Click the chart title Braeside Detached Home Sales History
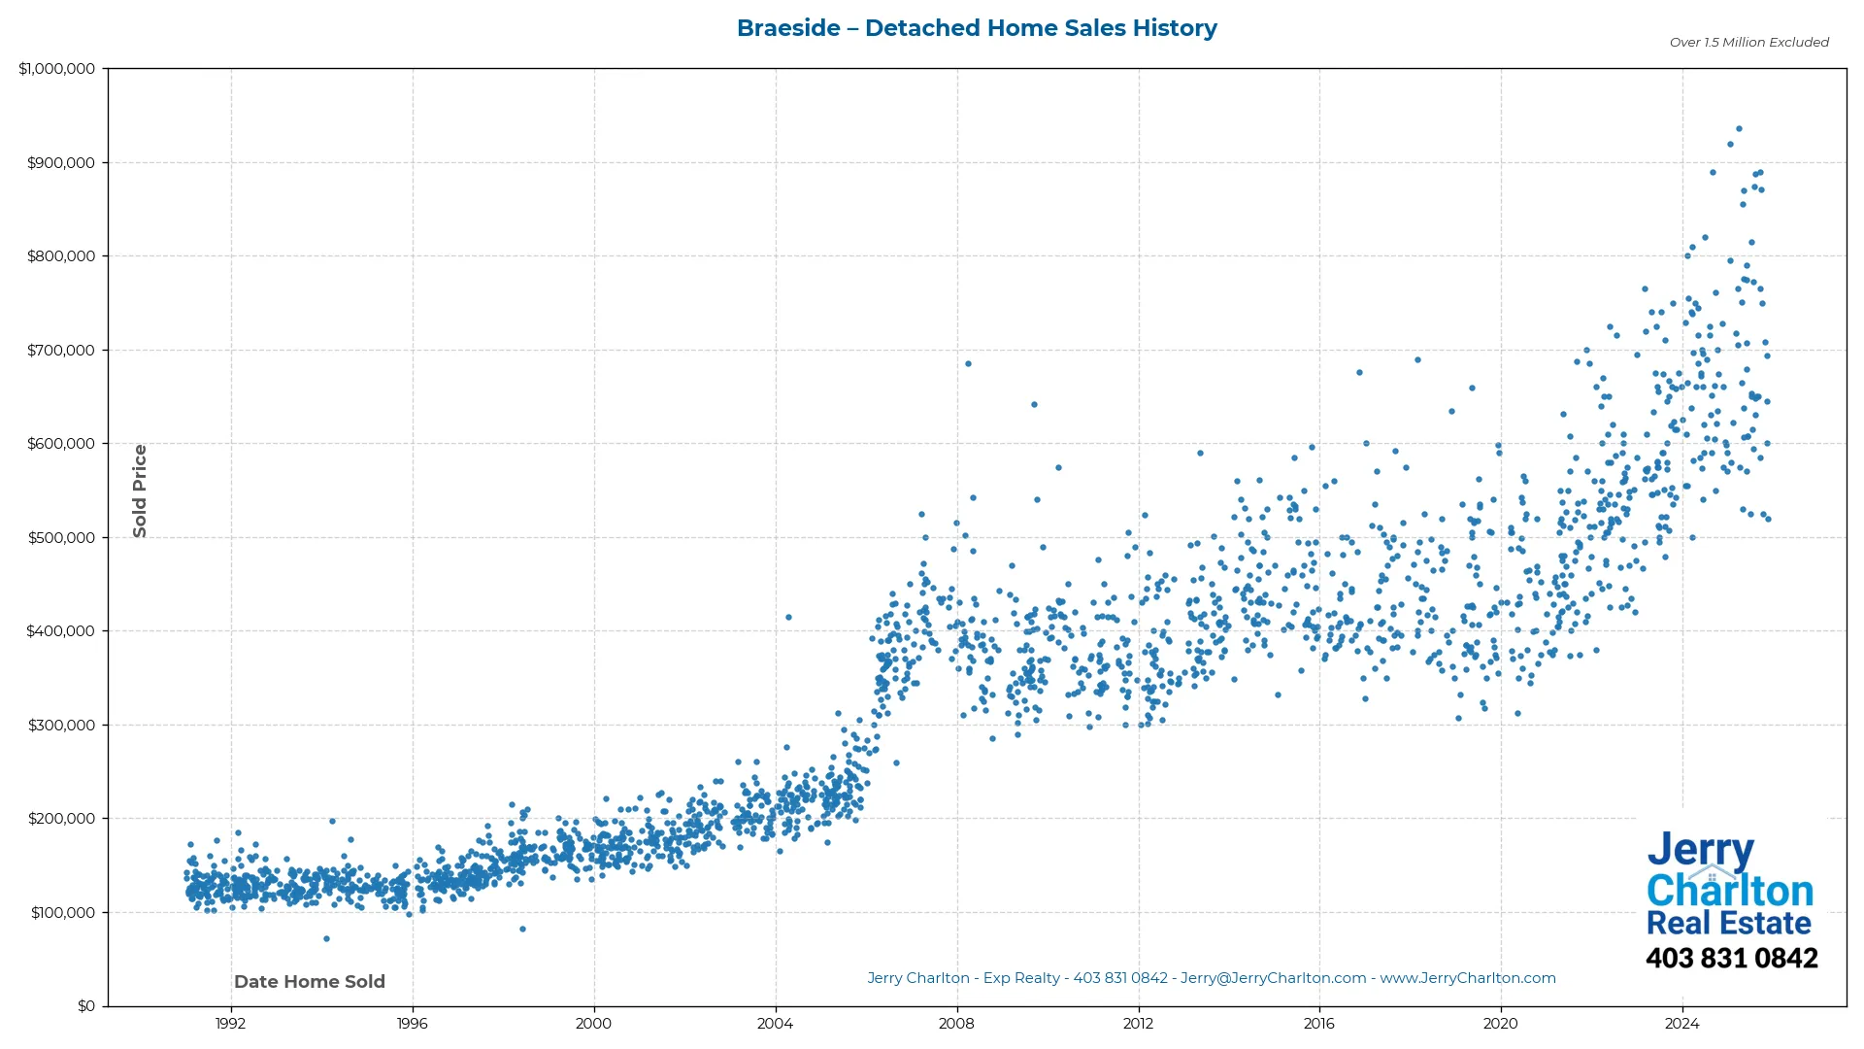(977, 28)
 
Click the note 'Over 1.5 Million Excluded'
(1748, 43)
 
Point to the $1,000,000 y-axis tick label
(56, 69)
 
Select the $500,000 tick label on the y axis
(60, 538)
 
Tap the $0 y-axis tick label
(86, 1006)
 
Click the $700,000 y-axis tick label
(60, 351)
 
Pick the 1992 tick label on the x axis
(230, 1024)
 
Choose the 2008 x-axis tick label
(956, 1024)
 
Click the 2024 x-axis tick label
(1682, 1024)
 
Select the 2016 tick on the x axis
(1319, 1024)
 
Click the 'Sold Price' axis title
(140, 491)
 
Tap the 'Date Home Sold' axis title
(310, 982)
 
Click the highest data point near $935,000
(1739, 129)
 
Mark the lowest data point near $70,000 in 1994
(326, 939)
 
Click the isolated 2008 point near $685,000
(968, 364)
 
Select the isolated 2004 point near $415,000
(788, 618)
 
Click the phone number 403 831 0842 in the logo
(1731, 959)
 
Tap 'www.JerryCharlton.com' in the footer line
(1467, 979)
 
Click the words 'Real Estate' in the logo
(1728, 923)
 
